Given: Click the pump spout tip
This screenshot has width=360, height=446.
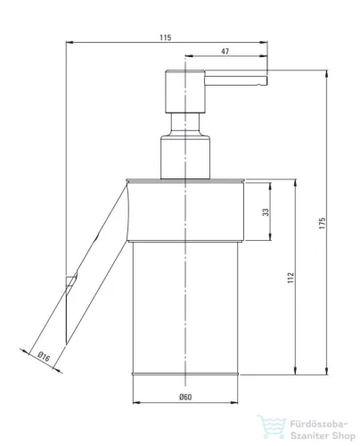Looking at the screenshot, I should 263,83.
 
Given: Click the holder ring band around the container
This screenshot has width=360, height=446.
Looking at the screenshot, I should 185,211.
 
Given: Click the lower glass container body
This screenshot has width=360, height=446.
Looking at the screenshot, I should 185,303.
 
